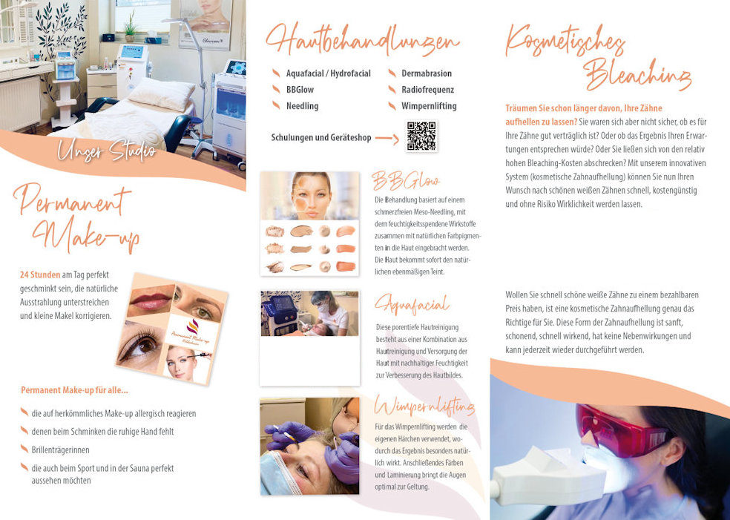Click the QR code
tap(421, 136)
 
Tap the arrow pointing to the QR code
tap(387, 138)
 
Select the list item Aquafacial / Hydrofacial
tap(328, 73)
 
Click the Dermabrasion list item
tap(427, 73)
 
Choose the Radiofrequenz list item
tap(427, 90)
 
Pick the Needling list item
tap(302, 106)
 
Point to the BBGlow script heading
tap(405, 181)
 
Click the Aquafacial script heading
tap(412, 305)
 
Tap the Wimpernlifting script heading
tap(424, 407)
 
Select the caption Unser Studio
tap(107, 151)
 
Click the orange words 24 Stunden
tap(40, 275)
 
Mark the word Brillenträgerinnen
tap(61, 450)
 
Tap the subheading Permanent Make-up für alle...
tap(74, 390)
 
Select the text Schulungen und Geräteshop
tap(321, 138)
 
